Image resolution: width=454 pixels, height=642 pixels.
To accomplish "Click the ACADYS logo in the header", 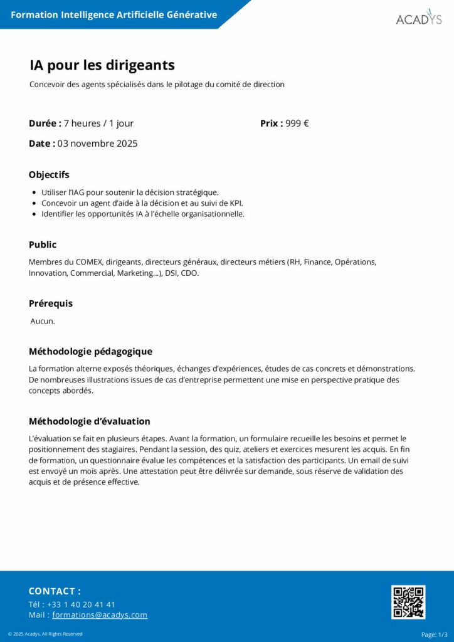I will pos(418,18).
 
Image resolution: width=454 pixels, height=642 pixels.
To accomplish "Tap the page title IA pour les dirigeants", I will pos(102,65).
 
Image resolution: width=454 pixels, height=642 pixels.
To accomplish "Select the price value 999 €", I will pos(297,124).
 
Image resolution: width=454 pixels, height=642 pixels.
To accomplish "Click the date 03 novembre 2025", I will pos(97,144).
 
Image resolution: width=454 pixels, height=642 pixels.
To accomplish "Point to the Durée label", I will pos(45,124).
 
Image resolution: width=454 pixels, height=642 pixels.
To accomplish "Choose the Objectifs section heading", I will pos(49,175).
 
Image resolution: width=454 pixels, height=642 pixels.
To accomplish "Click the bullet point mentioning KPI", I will pos(142,203).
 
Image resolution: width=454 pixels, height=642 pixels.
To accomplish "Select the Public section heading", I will pos(43,245).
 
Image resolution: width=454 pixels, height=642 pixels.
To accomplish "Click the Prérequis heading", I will pos(51,303).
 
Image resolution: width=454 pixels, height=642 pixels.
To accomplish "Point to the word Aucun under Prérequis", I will pos(43,321).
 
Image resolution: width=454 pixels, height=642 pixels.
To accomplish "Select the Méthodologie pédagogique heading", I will pos(90,352).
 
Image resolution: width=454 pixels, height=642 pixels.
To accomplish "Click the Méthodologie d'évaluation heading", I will pos(90,421).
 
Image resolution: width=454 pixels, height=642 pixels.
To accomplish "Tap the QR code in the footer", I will pos(408,602).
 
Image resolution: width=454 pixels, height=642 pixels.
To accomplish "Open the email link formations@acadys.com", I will pos(100,615).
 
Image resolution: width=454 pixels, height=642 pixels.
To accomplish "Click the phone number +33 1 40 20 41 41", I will pos(81,604).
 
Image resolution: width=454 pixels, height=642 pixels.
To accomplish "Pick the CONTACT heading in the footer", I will pos(55,591).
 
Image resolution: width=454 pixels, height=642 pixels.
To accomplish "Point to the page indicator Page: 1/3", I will pos(434,634).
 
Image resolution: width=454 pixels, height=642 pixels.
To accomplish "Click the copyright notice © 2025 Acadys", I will pos(45,634).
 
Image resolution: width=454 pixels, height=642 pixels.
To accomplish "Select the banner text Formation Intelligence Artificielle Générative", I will pos(114,14).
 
